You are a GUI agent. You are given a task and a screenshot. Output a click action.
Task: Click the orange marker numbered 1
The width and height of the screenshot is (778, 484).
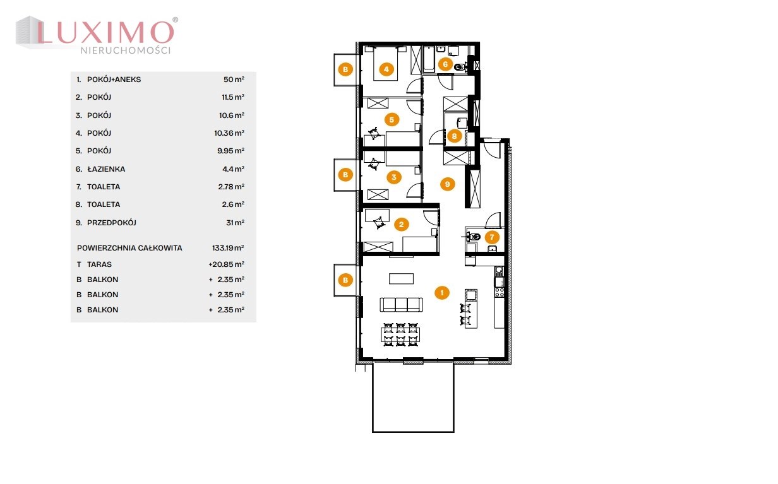point(442,292)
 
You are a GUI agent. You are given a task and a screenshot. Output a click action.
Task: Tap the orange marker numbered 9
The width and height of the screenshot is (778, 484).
point(447,184)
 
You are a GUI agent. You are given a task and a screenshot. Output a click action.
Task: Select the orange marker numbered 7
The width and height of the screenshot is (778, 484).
point(492,237)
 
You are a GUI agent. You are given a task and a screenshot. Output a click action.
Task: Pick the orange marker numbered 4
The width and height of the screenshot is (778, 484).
point(386,69)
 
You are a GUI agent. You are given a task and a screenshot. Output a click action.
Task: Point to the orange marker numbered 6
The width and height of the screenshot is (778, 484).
point(445,64)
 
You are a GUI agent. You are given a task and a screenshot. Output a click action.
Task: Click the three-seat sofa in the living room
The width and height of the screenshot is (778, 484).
point(402,305)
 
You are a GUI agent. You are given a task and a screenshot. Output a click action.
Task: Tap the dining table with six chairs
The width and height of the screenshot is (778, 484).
point(400,334)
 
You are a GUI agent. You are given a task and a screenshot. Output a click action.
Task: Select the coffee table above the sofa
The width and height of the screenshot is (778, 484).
point(401,279)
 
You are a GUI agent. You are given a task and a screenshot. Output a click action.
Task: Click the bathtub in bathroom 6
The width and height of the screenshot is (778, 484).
point(429,59)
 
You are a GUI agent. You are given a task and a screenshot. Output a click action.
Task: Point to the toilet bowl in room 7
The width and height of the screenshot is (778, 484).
point(473,237)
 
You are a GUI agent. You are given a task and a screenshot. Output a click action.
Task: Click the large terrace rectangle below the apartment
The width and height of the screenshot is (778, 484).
point(413,398)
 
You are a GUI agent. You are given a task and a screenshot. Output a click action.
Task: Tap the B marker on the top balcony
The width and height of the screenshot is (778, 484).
point(345,69)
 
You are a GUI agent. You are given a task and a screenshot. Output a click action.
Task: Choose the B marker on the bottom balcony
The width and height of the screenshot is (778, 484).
point(345,280)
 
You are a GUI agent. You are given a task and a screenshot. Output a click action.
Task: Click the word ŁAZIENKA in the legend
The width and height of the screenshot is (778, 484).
point(106,169)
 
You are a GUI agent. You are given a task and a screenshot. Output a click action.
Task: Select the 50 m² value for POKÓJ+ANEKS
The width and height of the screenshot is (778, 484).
point(234,80)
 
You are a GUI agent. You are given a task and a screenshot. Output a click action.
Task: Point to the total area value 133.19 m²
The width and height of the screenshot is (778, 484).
point(228,248)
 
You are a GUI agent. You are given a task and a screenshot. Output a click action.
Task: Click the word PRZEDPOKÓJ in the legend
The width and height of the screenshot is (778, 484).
point(112,223)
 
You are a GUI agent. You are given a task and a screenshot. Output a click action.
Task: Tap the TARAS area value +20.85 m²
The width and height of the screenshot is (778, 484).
point(226,264)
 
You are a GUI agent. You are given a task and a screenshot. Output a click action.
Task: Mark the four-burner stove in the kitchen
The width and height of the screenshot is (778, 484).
point(500,292)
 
